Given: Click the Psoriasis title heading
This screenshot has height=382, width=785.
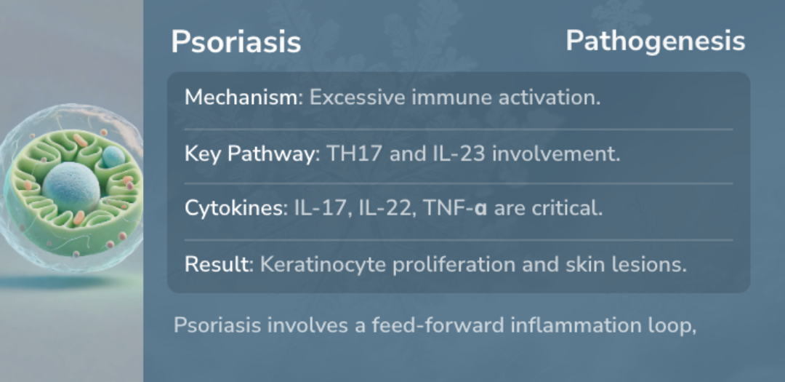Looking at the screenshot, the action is (235, 42).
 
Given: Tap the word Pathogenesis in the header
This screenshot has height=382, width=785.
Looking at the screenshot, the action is (656, 41).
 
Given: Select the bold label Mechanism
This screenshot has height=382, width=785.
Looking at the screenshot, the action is (241, 98).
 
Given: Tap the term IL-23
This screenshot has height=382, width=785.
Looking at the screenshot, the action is (459, 154).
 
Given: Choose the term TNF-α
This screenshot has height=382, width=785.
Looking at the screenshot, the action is (455, 208).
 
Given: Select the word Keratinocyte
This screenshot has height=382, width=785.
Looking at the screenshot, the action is (323, 265).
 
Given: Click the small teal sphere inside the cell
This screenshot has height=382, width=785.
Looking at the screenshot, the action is (113, 156).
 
